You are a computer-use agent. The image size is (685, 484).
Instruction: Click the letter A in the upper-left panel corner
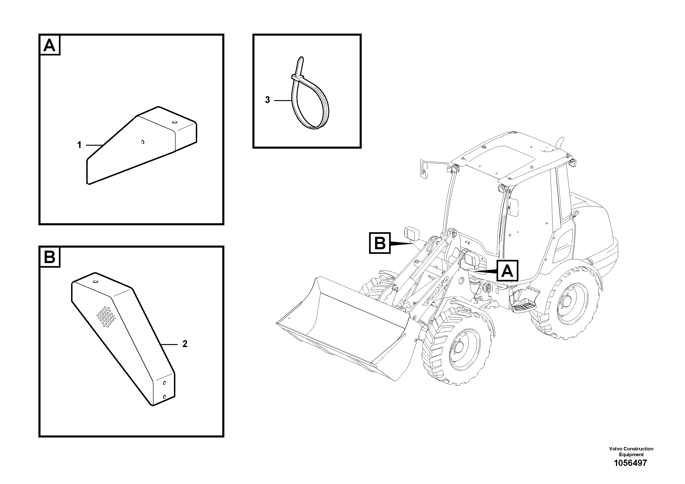49,46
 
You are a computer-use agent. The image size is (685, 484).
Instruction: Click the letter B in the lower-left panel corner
49,257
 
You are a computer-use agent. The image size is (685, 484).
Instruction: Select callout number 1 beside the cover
79,145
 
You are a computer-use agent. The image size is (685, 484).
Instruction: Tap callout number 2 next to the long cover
185,344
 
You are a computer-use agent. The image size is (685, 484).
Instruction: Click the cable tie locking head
297,78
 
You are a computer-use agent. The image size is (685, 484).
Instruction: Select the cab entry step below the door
524,306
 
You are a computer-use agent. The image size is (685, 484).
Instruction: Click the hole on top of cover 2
95,281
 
